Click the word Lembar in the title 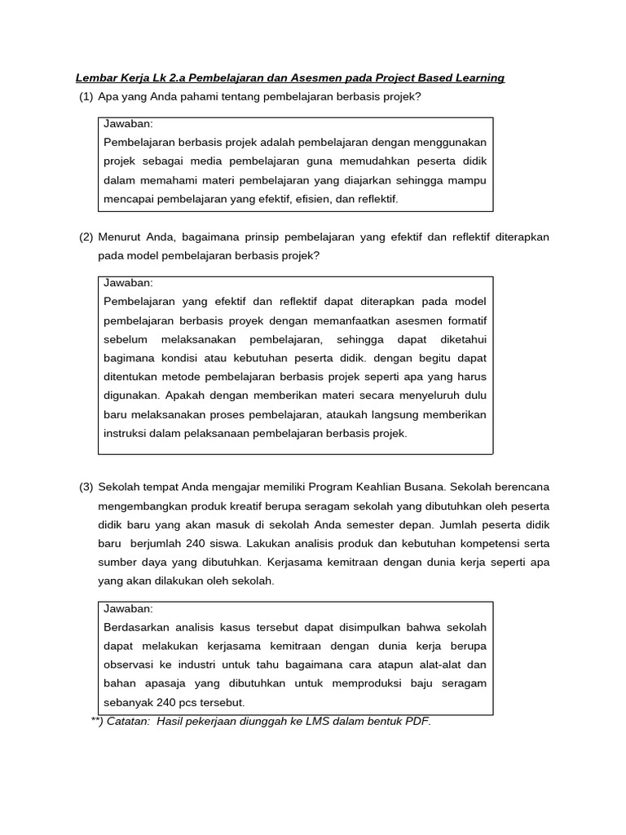[x=95, y=78]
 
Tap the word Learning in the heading [x=478, y=78]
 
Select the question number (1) [x=86, y=97]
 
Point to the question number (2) [x=86, y=237]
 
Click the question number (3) [x=86, y=488]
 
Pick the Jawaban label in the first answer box [x=129, y=124]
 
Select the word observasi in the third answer [x=131, y=665]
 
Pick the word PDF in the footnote [x=416, y=722]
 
